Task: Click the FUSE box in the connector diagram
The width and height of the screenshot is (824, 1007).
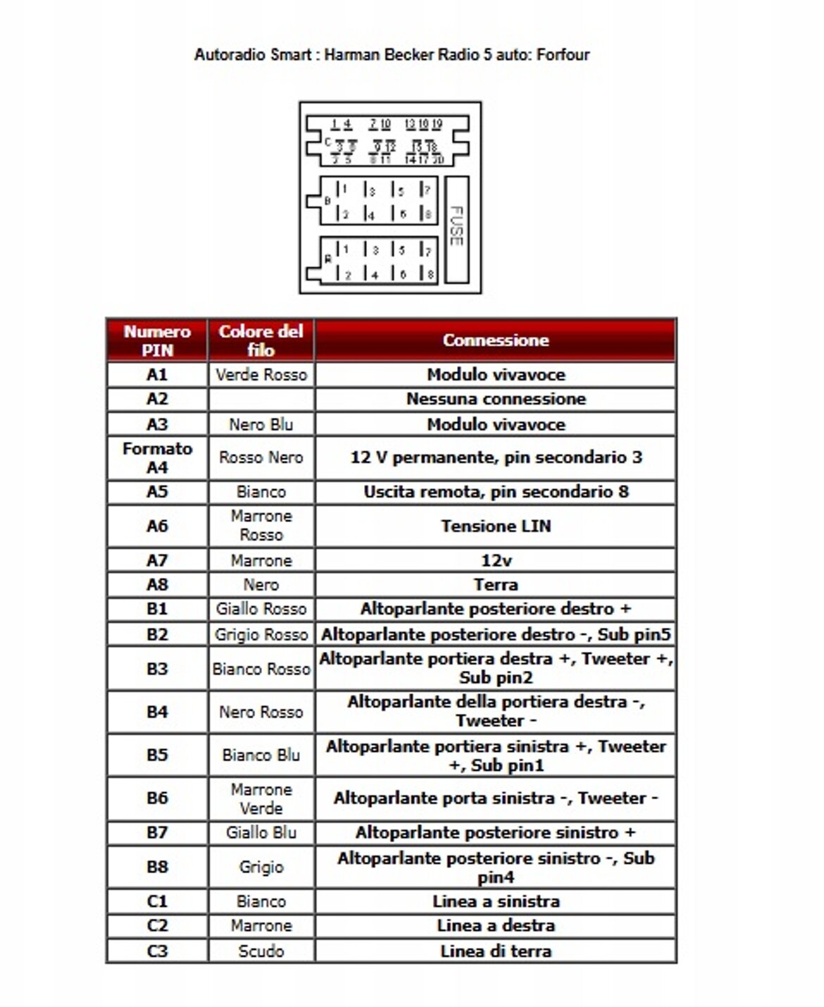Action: click(457, 230)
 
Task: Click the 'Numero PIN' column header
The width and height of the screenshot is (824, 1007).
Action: click(157, 340)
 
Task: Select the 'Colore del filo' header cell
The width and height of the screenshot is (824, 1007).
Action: click(261, 340)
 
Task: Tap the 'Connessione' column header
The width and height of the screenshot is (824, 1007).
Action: click(495, 340)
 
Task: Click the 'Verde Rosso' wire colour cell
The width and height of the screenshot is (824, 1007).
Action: click(261, 374)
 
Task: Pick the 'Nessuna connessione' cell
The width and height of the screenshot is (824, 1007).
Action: click(495, 399)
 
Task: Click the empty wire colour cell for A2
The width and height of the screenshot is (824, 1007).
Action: click(261, 399)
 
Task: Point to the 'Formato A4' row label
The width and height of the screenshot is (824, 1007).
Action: click(157, 458)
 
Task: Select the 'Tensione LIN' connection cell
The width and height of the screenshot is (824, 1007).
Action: click(495, 526)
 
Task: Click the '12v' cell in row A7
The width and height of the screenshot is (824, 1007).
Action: click(495, 561)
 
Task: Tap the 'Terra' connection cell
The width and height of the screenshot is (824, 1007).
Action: click(495, 585)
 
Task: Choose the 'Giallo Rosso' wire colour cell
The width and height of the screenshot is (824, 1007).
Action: click(261, 609)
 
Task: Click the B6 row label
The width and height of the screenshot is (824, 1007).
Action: click(157, 798)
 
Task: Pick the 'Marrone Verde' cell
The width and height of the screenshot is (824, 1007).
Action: click(261, 798)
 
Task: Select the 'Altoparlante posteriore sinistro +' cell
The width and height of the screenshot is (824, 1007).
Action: click(495, 833)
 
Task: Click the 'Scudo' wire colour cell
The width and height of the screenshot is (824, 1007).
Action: click(261, 951)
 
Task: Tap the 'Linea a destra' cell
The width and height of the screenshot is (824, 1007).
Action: click(495, 925)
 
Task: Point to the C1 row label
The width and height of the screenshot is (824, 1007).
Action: click(157, 901)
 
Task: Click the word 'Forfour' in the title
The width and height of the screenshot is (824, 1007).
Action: click(563, 54)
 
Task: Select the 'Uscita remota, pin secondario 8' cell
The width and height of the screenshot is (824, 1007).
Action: click(495, 492)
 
